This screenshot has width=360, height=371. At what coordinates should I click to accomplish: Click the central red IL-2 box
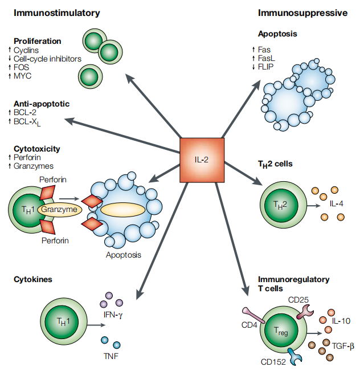pyautogui.click(x=202, y=159)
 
